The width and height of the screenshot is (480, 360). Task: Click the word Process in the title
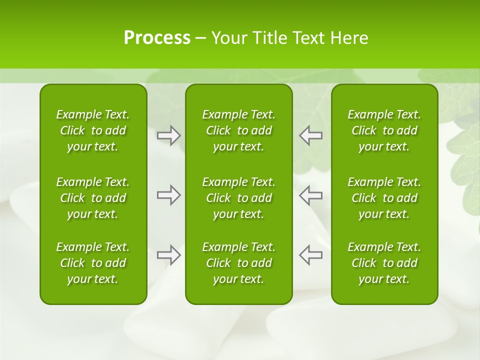click(x=157, y=38)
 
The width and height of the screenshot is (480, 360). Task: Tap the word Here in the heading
click(x=349, y=38)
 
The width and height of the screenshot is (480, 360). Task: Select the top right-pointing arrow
click(x=169, y=135)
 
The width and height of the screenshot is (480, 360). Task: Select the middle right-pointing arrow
click(x=169, y=195)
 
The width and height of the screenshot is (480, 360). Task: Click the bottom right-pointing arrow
click(x=169, y=255)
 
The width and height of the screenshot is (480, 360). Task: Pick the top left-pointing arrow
click(x=310, y=135)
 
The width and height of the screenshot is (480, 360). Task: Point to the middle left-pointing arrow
click(x=310, y=195)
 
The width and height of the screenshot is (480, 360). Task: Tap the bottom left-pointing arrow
click(x=310, y=255)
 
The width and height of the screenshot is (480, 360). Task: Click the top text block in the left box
click(x=93, y=130)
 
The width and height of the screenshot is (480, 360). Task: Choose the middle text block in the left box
click(x=93, y=198)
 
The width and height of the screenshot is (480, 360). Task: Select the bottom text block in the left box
click(x=93, y=263)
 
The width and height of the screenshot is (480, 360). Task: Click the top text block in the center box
click(x=239, y=130)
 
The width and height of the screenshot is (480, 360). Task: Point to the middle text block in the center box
click(x=239, y=198)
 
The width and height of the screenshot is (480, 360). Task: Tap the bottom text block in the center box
click(x=239, y=263)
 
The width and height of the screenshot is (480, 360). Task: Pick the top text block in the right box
click(x=384, y=130)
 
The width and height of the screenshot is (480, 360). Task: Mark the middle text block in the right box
click(x=384, y=198)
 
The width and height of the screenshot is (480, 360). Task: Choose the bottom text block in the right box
click(x=384, y=263)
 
